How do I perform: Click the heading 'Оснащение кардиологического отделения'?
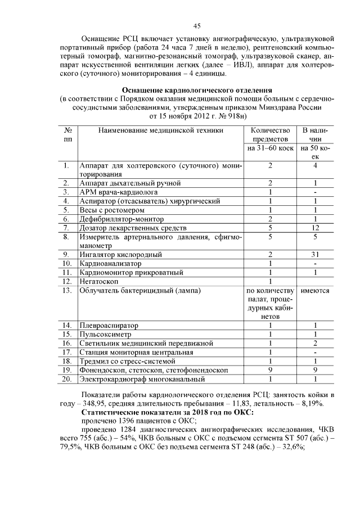(197, 90)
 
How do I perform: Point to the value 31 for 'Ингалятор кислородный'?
(316, 254)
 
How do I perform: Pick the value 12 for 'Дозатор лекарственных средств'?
(316, 227)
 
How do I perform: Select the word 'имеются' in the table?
(316, 291)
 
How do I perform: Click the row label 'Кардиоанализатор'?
(110, 263)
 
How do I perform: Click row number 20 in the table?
(66, 379)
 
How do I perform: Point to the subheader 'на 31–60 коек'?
(271, 148)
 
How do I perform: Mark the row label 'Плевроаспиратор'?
(109, 325)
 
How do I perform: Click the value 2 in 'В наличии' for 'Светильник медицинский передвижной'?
(316, 343)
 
